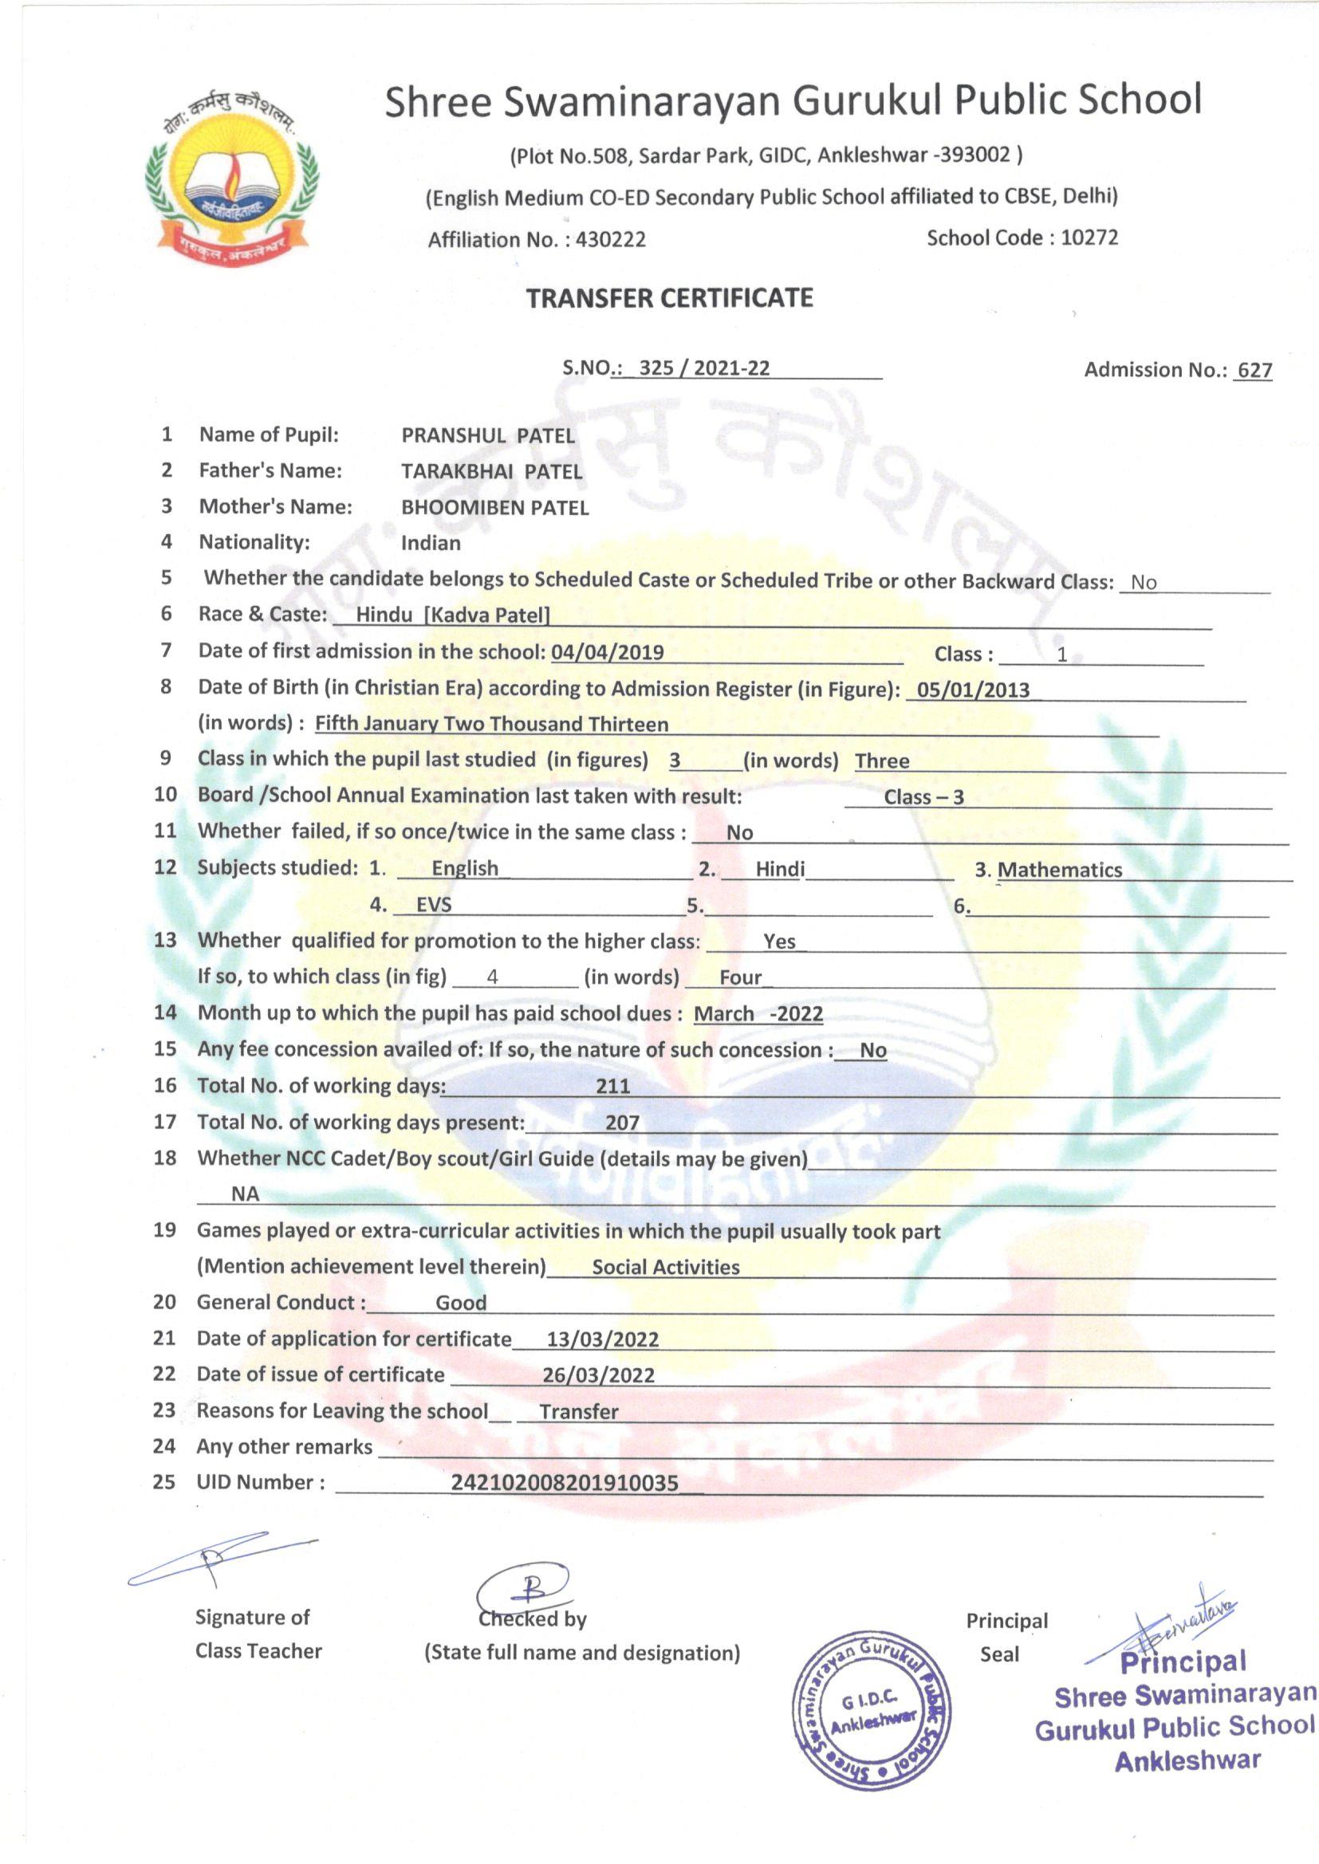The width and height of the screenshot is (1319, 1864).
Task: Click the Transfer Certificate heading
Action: tap(669, 299)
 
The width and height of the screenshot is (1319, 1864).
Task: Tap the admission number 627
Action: tap(1254, 370)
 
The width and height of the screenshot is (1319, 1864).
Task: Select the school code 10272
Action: tap(1089, 237)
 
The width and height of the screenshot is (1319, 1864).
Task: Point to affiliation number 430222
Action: tap(610, 239)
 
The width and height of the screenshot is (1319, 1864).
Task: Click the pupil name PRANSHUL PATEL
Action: tap(488, 436)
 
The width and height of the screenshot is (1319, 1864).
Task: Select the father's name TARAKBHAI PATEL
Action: tap(491, 472)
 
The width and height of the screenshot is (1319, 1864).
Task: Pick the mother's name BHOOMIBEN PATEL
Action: tap(494, 508)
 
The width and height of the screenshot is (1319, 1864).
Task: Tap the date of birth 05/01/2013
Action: tap(973, 690)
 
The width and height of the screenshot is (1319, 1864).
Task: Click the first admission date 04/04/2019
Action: tap(608, 652)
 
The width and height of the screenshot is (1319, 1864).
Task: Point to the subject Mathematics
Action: tap(1059, 871)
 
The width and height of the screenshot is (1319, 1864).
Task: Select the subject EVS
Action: tap(434, 905)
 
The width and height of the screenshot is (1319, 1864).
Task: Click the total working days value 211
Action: tap(612, 1086)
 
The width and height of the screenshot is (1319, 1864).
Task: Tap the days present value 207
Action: tap(622, 1123)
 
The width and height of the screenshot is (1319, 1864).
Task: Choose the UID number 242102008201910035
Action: tap(565, 1483)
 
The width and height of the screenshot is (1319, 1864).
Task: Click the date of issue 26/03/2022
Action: tap(599, 1375)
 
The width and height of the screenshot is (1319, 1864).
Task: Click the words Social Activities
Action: tap(665, 1268)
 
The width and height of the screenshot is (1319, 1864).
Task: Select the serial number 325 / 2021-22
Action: tap(704, 368)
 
